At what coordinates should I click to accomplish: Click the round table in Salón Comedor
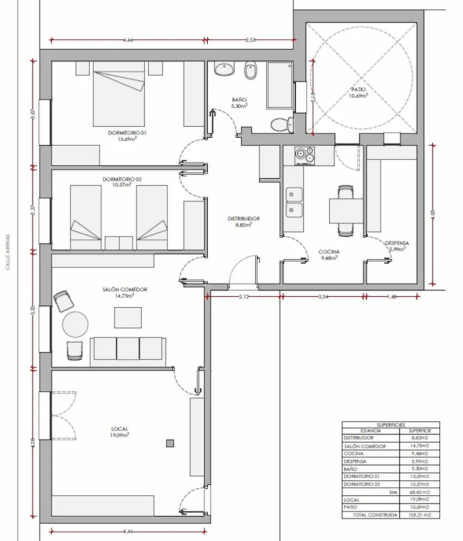[75, 325]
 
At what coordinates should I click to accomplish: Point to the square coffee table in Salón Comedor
[128, 318]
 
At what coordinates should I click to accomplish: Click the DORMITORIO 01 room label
[128, 133]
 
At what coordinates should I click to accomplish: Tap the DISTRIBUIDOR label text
[244, 219]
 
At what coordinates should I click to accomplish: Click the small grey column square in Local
[170, 443]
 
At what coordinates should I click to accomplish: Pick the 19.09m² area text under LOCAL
[120, 435]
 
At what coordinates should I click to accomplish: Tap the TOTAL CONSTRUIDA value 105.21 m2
[418, 514]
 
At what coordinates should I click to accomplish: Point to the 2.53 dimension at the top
[251, 40]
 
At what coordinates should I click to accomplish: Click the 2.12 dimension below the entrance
[244, 297]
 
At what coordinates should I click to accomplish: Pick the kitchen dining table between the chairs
[346, 211]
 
